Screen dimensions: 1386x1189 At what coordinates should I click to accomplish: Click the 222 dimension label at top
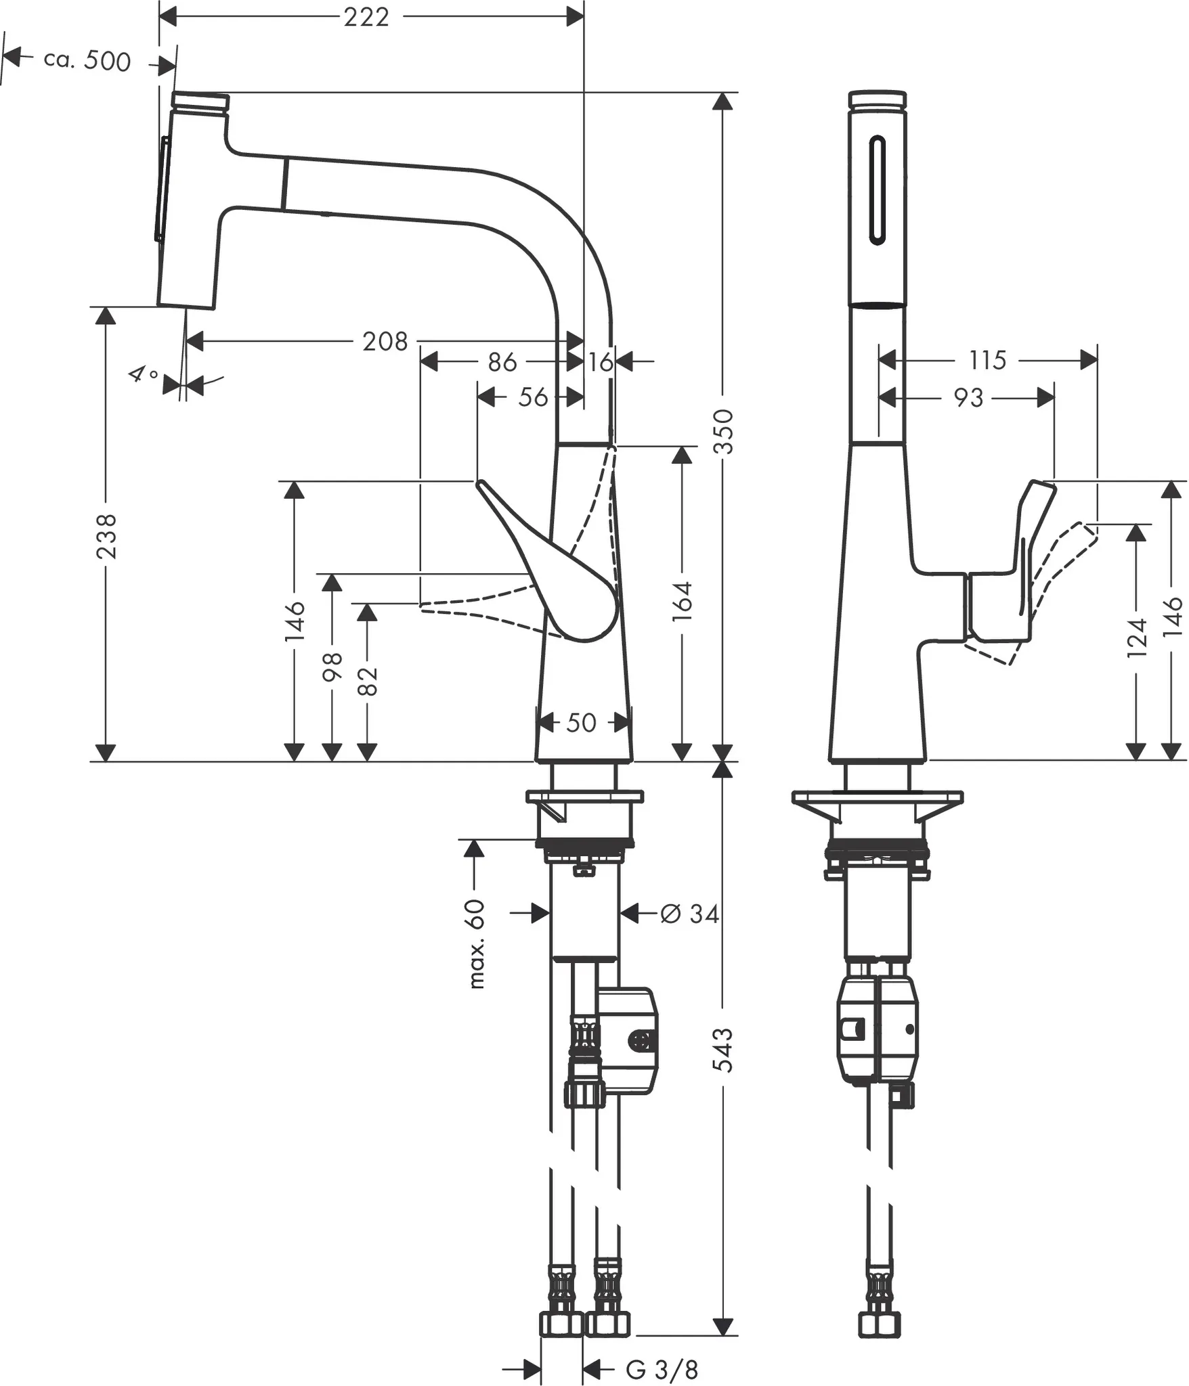pyautogui.click(x=366, y=17)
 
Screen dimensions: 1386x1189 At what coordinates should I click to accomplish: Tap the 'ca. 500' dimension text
pyautogui.click(x=87, y=61)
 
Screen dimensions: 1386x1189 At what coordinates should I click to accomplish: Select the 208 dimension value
pyautogui.click(x=385, y=342)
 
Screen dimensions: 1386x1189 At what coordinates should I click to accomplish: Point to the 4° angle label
pyautogui.click(x=145, y=374)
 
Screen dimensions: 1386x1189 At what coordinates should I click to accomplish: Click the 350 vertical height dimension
pyautogui.click(x=724, y=431)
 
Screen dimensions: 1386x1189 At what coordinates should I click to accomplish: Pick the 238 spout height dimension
pyautogui.click(x=106, y=536)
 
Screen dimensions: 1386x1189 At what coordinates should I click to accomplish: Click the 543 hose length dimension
pyautogui.click(x=724, y=1049)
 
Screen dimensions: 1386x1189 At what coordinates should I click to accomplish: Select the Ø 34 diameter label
pyautogui.click(x=689, y=914)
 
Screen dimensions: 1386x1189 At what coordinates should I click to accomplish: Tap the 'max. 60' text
pyautogui.click(x=477, y=944)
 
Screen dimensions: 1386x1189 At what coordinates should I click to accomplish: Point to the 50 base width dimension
pyautogui.click(x=581, y=723)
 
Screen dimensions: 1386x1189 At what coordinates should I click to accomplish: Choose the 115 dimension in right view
pyautogui.click(x=987, y=360)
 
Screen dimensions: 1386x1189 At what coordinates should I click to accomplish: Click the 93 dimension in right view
pyautogui.click(x=968, y=398)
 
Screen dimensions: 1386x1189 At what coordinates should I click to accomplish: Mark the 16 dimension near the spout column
pyautogui.click(x=600, y=362)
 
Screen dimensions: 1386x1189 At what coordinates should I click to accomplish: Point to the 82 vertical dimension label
pyautogui.click(x=367, y=680)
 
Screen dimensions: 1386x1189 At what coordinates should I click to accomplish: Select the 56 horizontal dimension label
pyautogui.click(x=533, y=397)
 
